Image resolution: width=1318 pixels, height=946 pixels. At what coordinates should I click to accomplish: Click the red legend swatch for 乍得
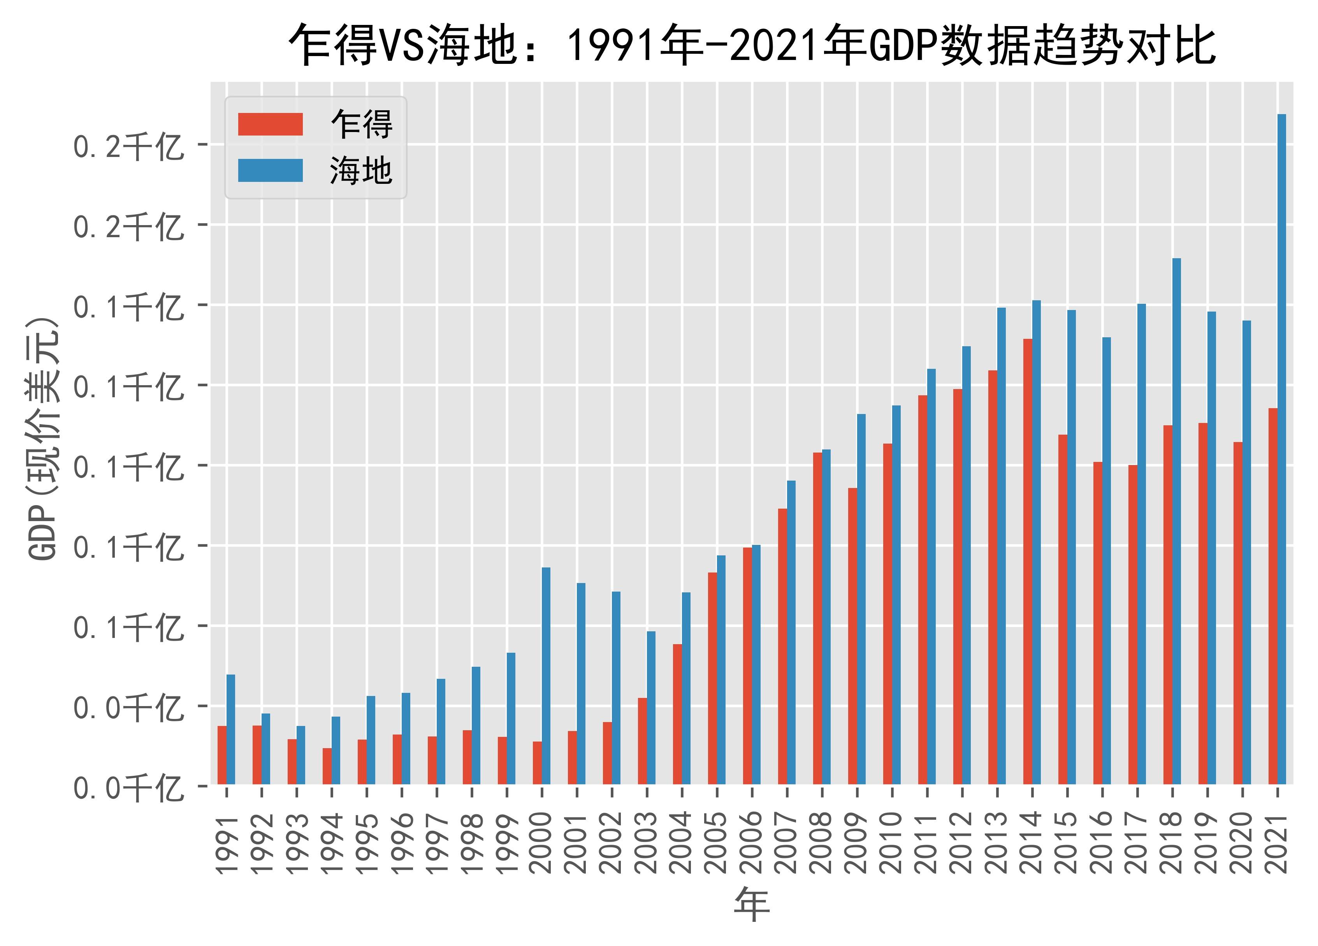tap(270, 124)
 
